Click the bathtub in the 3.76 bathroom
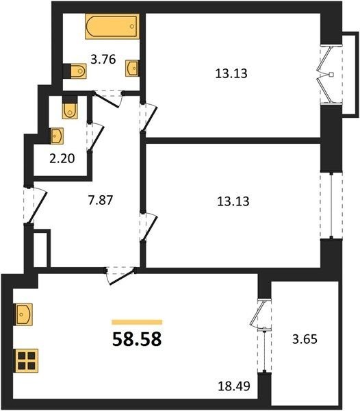click(x=112, y=27)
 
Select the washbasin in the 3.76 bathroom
click(x=132, y=68)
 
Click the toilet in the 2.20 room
click(x=70, y=108)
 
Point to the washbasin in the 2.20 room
click(x=57, y=136)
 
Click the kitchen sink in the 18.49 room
click(x=23, y=314)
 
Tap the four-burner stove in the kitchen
click(x=25, y=360)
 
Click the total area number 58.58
click(x=137, y=339)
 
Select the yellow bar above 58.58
click(x=137, y=322)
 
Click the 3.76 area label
click(x=103, y=60)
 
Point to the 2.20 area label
click(x=62, y=159)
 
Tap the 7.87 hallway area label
click(x=101, y=201)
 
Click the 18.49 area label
click(x=234, y=386)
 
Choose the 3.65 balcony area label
click(x=305, y=339)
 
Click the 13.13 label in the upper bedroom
click(x=231, y=73)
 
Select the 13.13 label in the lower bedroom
click(x=233, y=201)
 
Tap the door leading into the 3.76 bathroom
click(x=108, y=98)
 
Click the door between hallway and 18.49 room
click(x=120, y=275)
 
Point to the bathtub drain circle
click(x=132, y=27)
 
